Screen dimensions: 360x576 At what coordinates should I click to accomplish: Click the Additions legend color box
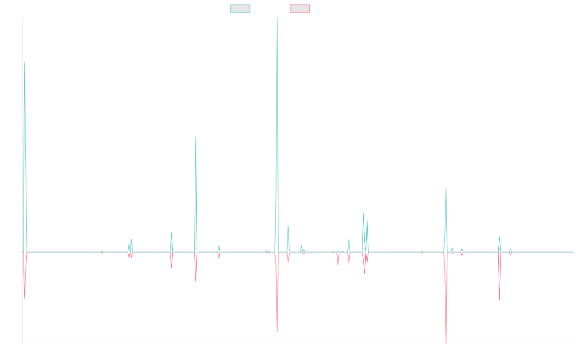pos(240,9)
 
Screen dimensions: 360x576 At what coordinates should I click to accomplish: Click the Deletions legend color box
pos(300,9)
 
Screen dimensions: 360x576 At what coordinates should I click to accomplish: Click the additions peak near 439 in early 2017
pos(24,62)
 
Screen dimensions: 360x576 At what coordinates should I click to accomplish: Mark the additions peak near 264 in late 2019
pos(196,137)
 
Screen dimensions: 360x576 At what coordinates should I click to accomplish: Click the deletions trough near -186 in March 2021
pos(277,332)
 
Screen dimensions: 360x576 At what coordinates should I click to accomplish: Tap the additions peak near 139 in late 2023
pos(446,188)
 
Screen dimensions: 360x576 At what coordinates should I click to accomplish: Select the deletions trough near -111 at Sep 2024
pos(500,300)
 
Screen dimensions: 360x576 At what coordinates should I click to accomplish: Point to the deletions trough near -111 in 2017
pos(24,299)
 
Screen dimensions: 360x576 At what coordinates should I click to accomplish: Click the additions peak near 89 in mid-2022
pos(363,214)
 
